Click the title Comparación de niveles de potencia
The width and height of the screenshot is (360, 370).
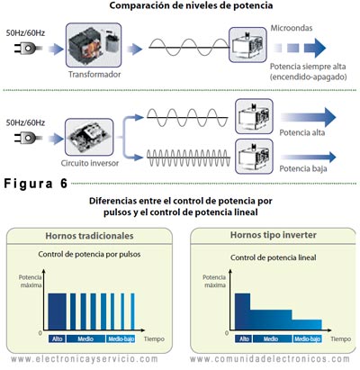pos(184,6)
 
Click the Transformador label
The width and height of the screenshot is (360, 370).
pos(94,74)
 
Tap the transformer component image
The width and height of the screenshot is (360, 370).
pos(94,46)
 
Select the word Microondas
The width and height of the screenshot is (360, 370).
pos(291,28)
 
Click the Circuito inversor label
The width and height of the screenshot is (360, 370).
pos(88,165)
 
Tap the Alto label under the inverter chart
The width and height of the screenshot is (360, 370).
pos(241,338)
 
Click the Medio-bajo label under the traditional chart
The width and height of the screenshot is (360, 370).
pos(121,338)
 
